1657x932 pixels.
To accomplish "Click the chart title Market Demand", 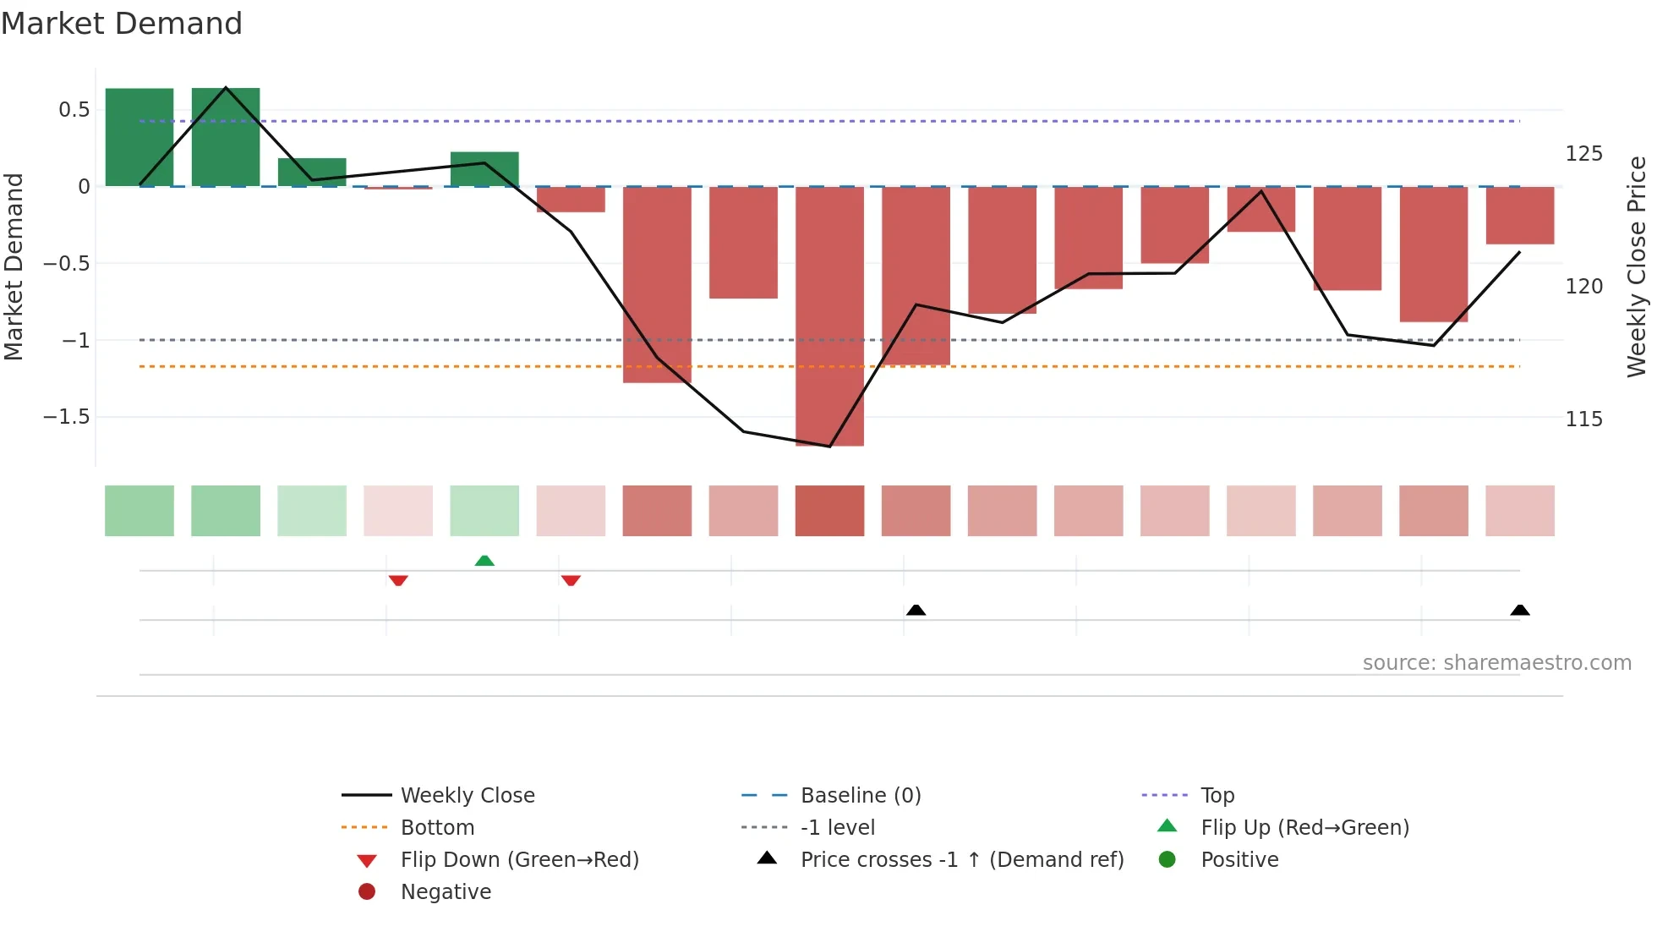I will [122, 24].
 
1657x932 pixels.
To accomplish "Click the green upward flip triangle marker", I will [484, 561].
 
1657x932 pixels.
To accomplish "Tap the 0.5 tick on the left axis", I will [74, 110].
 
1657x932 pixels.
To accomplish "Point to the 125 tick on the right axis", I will [1583, 154].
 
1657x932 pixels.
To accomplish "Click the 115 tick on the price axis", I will [1583, 419].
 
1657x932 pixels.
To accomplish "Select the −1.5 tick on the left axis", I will [67, 417].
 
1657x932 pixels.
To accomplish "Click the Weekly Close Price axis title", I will [1637, 266].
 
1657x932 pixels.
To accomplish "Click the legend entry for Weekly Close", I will [467, 796].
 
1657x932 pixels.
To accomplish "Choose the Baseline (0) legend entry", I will [860, 796].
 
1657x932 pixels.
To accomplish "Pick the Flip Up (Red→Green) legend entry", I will [1304, 828].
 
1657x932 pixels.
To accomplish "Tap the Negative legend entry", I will [445, 892].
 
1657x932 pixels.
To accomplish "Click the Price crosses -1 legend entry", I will [961, 860].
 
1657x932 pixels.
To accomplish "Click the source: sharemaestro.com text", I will [1496, 663].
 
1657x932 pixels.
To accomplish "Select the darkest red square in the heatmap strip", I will [829, 511].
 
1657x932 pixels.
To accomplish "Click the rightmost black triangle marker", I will [1519, 610].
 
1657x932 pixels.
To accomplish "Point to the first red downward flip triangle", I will [398, 580].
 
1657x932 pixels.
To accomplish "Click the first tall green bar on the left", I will [139, 137].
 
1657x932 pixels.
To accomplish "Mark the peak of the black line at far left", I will [226, 88].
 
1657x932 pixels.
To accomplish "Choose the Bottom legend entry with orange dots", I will [436, 828].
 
